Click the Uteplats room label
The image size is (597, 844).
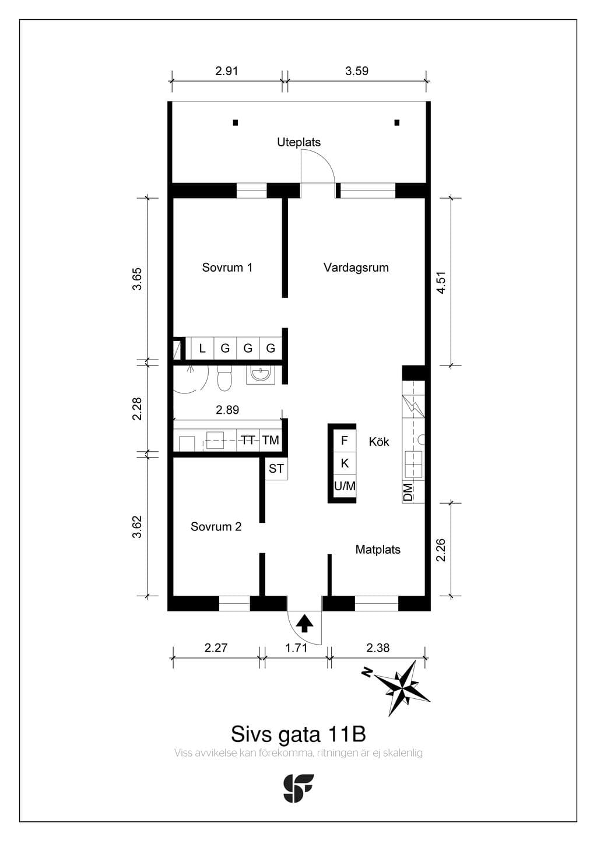pos(299,142)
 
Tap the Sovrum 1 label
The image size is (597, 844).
pos(227,268)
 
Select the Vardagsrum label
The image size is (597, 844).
pos(356,268)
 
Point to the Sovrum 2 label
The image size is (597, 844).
pos(216,526)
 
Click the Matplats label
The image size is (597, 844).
pos(378,550)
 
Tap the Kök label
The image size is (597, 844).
pos(379,442)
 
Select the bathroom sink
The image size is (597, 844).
pos(261,374)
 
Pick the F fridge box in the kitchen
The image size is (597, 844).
pos(345,440)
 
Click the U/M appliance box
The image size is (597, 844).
pos(345,486)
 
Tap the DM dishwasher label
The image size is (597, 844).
pos(408,492)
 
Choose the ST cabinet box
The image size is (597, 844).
pos(276,469)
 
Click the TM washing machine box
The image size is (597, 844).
pos(271,439)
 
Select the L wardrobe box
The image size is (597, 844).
pos(202,348)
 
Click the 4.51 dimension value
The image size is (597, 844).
pos(441,283)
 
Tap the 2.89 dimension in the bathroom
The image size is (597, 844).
pos(227,410)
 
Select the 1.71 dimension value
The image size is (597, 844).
pos(296,648)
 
